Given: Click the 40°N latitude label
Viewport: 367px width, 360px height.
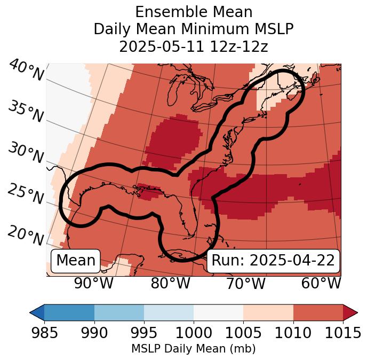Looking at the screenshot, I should click(x=26, y=71).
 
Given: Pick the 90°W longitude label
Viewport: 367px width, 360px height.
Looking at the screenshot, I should click(x=93, y=284).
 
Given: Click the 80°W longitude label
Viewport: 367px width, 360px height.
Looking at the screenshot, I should click(x=170, y=284).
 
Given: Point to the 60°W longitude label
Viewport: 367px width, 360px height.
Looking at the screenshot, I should click(x=321, y=284).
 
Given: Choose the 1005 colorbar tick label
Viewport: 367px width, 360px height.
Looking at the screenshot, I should click(x=243, y=333).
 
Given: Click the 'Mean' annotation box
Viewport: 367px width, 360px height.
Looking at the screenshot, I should click(x=76, y=261).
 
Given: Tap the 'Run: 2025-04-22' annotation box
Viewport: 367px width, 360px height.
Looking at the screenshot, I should click(x=273, y=261).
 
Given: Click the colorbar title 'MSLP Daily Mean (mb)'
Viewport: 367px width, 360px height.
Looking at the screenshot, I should click(x=193, y=349).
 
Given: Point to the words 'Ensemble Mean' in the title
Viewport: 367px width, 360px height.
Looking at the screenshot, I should click(x=194, y=12).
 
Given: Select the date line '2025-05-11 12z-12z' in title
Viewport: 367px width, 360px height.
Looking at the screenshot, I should click(x=194, y=46).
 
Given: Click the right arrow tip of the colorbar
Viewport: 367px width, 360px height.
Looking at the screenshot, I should click(x=356, y=312).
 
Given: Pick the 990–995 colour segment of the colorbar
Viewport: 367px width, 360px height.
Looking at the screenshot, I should click(x=119, y=312).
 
